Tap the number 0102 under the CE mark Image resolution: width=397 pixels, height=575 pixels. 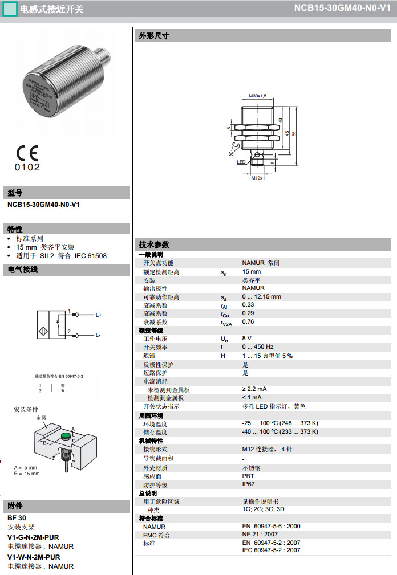pos(27,168)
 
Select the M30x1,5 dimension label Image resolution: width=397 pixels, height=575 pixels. pos(258,95)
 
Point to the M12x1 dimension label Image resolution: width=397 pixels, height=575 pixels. pos(258,178)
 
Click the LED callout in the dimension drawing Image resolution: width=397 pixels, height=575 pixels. pos(241,162)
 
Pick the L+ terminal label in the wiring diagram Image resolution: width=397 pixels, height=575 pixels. pos(98,315)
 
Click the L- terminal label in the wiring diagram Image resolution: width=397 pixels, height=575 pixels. pos(98,335)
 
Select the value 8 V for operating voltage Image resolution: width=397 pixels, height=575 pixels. pos(246,339)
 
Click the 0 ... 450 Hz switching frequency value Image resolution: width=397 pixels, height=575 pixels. pos(257,346)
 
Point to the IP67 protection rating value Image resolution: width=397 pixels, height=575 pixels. pos(248,484)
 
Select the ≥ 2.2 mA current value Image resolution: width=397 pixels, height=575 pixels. pos(254,389)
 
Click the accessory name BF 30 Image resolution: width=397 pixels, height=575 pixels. pos(17,518)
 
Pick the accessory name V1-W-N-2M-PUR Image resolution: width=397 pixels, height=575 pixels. pos(34,557)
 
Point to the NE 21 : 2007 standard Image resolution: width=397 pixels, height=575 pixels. pos(260,535)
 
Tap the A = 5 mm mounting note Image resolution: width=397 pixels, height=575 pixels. pos(26,467)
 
